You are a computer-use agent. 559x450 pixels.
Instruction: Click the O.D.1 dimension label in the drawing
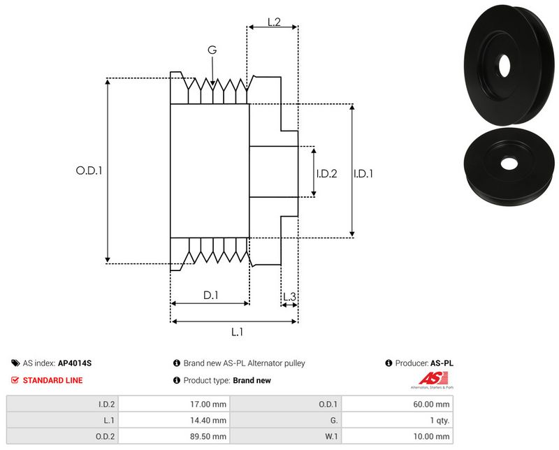click(89, 169)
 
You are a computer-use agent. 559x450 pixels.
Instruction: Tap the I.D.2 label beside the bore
click(326, 173)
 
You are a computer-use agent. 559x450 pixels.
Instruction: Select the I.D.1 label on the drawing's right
click(363, 173)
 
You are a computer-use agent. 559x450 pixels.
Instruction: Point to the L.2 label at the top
click(274, 22)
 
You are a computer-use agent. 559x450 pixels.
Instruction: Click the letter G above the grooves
click(212, 50)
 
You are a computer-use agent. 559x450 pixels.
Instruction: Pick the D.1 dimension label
click(211, 296)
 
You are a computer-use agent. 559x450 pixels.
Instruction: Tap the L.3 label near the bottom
click(289, 297)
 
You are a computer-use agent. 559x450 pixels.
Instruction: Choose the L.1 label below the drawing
click(236, 332)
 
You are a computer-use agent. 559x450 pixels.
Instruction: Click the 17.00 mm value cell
click(210, 404)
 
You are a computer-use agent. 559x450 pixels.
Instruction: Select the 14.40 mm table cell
click(210, 421)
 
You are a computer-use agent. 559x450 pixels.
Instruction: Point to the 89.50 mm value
click(210, 437)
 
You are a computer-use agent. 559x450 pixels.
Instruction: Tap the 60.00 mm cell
click(433, 404)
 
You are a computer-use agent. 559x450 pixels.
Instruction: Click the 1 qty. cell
click(438, 421)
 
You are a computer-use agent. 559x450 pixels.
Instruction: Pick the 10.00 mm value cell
click(433, 437)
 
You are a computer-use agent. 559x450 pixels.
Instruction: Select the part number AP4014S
click(75, 363)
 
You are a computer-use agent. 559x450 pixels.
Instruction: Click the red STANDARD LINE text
click(52, 381)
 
